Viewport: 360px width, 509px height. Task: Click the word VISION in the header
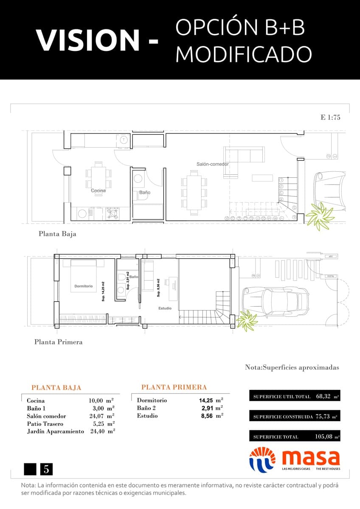pyautogui.click(x=88, y=40)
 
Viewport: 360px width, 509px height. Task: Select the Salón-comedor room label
pyautogui.click(x=212, y=164)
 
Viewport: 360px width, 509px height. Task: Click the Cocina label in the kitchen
pyautogui.click(x=98, y=191)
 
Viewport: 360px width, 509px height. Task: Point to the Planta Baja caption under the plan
pyautogui.click(x=57, y=234)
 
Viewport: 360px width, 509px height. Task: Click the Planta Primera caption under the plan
pyautogui.click(x=58, y=342)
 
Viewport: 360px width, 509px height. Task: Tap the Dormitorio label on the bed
pyautogui.click(x=83, y=286)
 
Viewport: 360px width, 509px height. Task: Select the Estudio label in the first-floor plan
pyautogui.click(x=165, y=308)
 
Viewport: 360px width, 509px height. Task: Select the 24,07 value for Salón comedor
pyautogui.click(x=96, y=416)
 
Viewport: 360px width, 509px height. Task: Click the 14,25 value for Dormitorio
pyautogui.click(x=205, y=400)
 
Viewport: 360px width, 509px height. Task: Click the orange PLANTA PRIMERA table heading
pyautogui.click(x=174, y=387)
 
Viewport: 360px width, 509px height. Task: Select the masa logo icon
pyautogui.click(x=262, y=459)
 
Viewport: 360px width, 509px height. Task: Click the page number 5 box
pyautogui.click(x=46, y=469)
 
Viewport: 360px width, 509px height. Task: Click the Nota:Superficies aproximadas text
pyautogui.click(x=292, y=368)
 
